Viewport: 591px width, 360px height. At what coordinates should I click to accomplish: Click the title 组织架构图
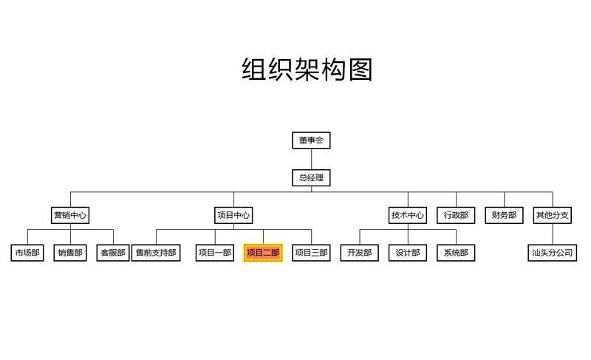307,70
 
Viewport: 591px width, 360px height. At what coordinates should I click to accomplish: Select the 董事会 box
311,140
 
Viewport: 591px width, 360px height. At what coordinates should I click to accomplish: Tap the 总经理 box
311,177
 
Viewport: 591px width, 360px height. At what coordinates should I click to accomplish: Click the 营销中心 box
70,216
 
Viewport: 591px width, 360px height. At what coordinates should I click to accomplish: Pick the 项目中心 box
233,216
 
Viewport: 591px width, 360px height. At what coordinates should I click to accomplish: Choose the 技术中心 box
408,216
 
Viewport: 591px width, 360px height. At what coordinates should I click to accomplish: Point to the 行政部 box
456,216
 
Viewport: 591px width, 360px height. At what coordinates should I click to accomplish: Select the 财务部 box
505,216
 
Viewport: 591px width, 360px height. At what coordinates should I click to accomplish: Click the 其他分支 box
553,216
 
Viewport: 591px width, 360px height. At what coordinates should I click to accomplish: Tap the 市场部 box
27,253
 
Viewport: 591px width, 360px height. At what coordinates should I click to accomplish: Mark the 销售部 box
71,253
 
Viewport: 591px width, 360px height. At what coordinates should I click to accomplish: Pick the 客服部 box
113,253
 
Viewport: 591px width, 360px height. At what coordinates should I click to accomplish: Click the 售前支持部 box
156,253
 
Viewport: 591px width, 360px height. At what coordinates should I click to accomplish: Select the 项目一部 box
214,253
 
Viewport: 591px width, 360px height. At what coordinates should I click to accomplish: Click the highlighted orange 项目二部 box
263,253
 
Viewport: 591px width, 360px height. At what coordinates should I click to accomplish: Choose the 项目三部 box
311,253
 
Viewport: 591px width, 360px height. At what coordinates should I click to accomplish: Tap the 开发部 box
359,253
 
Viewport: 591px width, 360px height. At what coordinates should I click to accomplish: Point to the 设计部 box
408,253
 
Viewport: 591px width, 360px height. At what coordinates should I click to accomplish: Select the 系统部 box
456,253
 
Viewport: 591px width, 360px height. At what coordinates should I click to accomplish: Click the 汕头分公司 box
553,253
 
